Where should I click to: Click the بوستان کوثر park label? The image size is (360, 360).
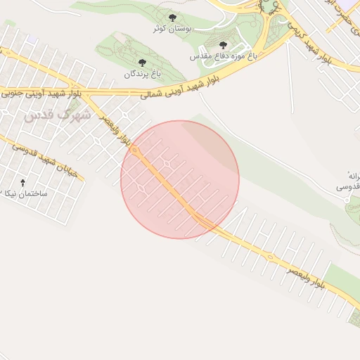click(173, 29)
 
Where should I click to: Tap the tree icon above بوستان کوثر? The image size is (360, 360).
click(173, 18)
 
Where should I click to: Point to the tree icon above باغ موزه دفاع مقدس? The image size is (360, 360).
click(224, 45)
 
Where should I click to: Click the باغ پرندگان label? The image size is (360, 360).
click(143, 73)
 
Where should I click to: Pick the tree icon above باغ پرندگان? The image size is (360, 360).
click(143, 63)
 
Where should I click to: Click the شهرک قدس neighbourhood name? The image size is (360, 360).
click(58, 115)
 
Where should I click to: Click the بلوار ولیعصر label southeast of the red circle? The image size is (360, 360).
click(306, 276)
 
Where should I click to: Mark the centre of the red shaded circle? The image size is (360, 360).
click(180, 179)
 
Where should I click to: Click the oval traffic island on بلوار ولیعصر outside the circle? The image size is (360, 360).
click(270, 257)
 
